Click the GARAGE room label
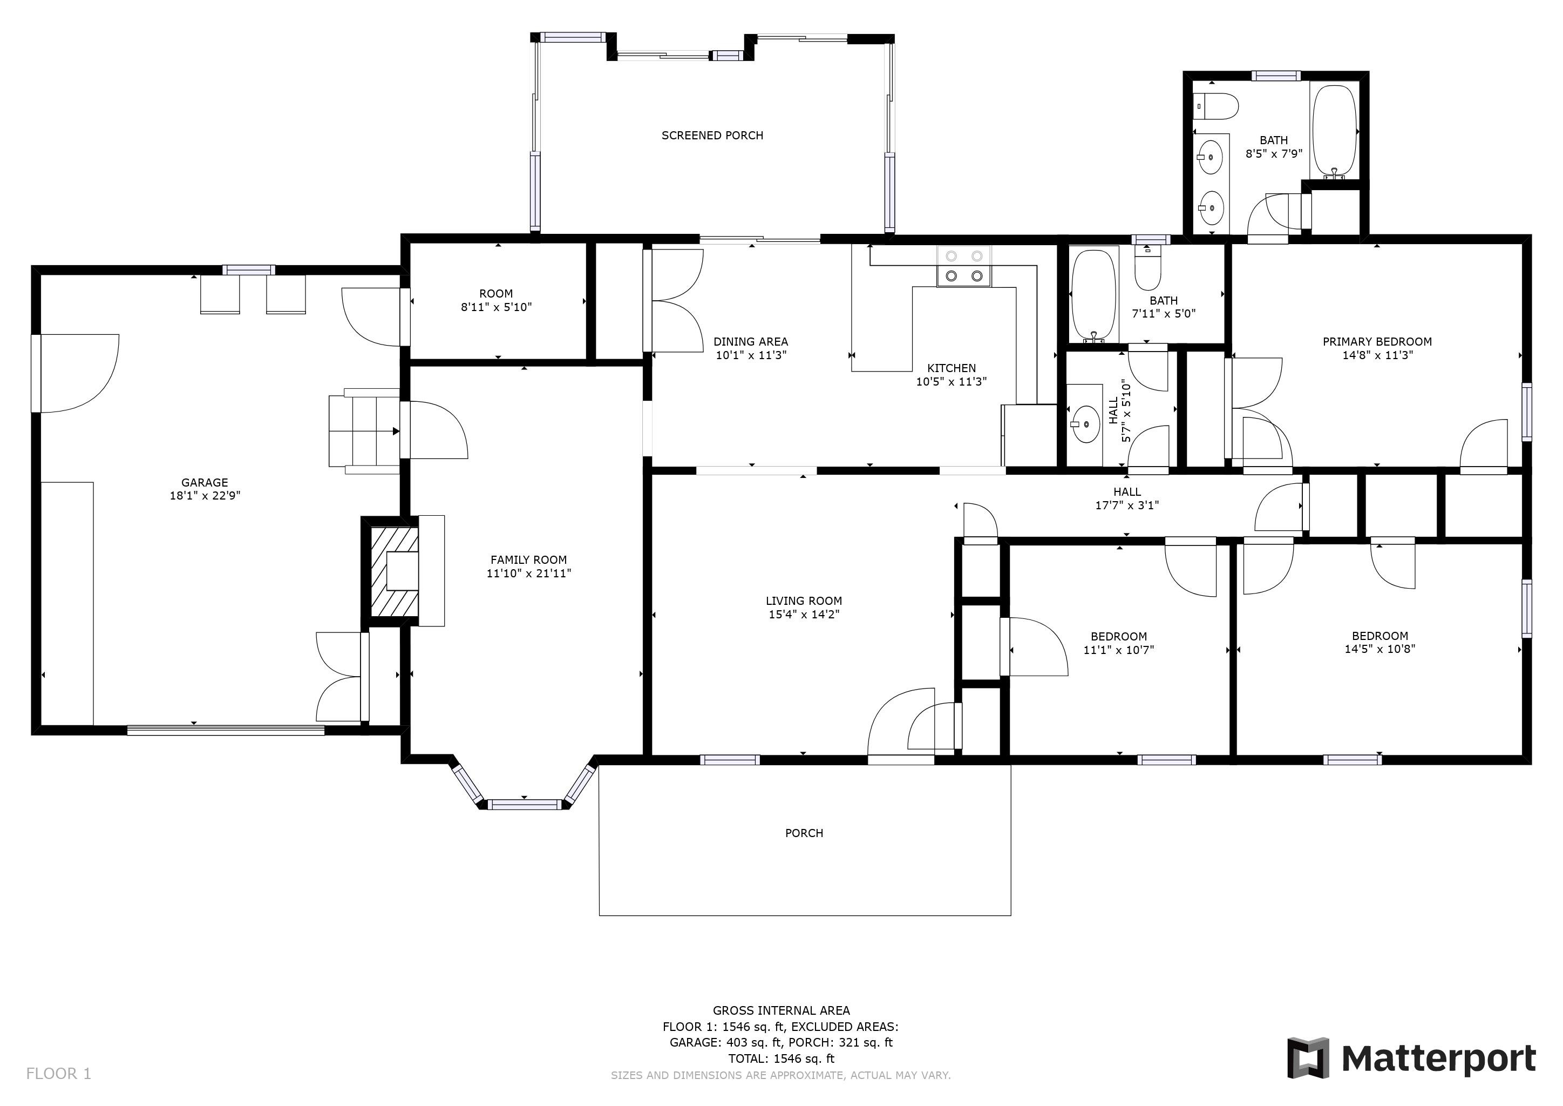(204, 483)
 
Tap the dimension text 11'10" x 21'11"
(528, 574)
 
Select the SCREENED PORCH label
(712, 136)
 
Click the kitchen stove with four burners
(964, 266)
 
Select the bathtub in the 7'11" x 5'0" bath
(1093, 295)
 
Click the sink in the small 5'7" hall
(1086, 423)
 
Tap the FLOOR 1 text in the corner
(58, 1074)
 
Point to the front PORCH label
(804, 833)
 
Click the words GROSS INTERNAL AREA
(781, 1010)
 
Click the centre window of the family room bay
(524, 804)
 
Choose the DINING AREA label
(750, 342)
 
